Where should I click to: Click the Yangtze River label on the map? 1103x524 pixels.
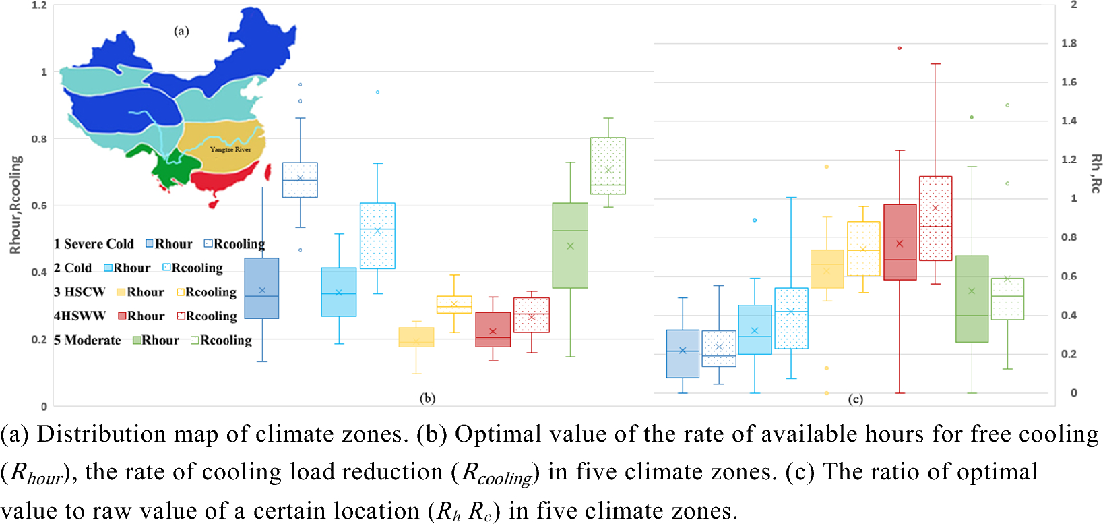230,150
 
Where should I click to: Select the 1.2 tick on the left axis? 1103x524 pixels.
39,5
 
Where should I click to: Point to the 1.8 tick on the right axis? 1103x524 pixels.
1069,43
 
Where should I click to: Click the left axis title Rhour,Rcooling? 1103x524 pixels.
15,205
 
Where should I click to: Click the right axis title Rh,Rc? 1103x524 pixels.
1096,173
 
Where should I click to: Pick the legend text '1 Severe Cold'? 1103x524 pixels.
94,244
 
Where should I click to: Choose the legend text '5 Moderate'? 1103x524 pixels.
88,341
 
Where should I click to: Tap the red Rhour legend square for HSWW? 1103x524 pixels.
122,316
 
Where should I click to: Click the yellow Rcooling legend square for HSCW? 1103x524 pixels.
181,292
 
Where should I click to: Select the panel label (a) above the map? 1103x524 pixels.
181,31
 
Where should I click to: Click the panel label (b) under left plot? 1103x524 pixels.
427,398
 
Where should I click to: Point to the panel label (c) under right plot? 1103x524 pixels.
855,399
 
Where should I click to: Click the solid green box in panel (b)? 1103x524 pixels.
570,245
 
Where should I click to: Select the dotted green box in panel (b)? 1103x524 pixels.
608,166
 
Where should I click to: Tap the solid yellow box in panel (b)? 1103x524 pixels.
416,337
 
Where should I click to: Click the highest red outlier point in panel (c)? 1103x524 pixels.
900,48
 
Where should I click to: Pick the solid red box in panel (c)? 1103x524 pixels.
900,242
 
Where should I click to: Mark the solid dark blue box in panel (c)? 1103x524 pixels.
683,354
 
